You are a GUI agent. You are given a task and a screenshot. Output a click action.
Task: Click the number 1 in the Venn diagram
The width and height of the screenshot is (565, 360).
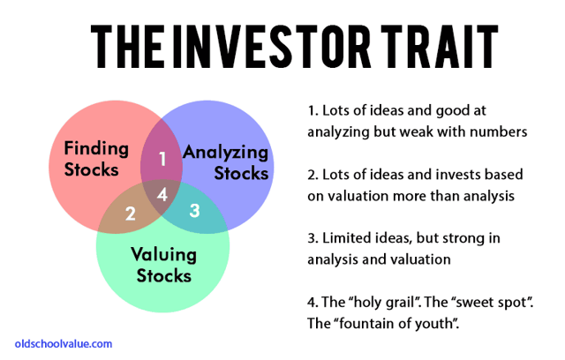(162, 159)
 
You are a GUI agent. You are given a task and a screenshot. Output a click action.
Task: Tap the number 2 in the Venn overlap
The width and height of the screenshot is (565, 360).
(130, 214)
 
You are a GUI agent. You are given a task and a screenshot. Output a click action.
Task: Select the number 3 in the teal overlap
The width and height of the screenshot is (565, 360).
(194, 210)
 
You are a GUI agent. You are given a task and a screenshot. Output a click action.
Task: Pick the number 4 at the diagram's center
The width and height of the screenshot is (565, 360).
(162, 194)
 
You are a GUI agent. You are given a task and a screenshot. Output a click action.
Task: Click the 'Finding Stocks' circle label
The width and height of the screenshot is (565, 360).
(96, 159)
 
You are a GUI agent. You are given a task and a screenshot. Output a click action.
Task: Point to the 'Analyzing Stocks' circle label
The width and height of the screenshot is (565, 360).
(226, 162)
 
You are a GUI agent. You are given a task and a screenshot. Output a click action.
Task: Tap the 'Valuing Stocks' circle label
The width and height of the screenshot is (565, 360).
(163, 265)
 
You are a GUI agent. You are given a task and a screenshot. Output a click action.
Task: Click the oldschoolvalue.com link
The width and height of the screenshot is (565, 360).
(64, 344)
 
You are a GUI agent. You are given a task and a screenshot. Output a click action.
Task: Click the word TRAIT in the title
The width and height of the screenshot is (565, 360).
(440, 46)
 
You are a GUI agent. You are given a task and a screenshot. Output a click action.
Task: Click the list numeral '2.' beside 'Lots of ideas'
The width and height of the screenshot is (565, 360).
(313, 175)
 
